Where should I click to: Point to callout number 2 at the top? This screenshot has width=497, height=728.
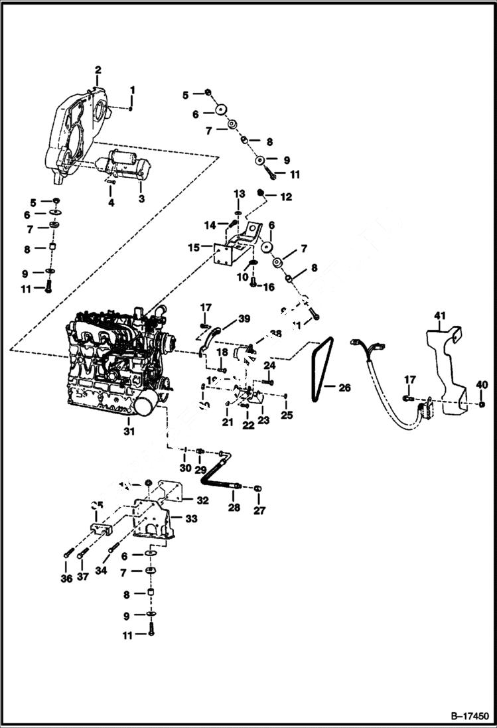[x=98, y=70]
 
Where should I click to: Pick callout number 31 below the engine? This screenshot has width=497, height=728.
[x=129, y=431]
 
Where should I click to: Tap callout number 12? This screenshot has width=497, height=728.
[x=285, y=196]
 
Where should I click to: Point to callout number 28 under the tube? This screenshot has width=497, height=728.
[x=234, y=508]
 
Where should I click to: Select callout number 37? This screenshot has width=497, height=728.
[x=82, y=577]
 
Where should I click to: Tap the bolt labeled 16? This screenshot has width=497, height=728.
[x=253, y=281]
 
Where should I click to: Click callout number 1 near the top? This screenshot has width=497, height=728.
[x=132, y=90]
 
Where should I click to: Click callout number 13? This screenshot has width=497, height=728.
[x=240, y=193]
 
